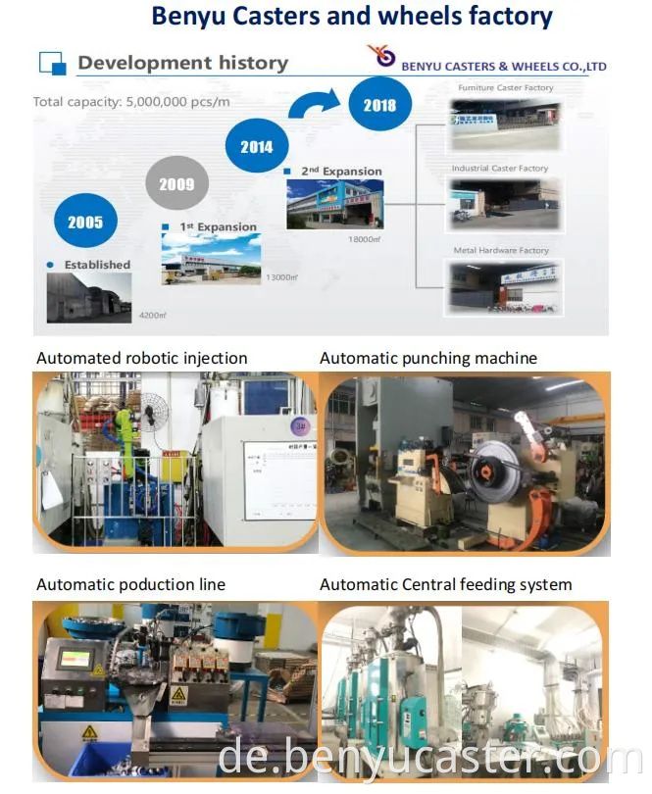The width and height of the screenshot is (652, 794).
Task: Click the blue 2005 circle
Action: (85, 223)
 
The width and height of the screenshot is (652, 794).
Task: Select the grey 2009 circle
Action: (177, 184)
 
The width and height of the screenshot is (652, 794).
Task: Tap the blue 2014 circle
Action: (257, 147)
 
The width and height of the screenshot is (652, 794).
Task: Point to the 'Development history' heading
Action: (182, 64)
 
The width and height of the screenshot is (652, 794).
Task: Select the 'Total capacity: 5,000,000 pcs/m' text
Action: (130, 102)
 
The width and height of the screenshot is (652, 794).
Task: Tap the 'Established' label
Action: (97, 265)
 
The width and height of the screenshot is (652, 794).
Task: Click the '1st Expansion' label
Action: (218, 227)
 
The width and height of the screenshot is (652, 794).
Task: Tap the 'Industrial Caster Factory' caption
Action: (500, 169)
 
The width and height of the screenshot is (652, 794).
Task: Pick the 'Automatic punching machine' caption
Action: (428, 359)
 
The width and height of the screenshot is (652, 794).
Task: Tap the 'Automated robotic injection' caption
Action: (142, 359)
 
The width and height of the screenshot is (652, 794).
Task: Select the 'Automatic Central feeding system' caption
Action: (446, 585)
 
